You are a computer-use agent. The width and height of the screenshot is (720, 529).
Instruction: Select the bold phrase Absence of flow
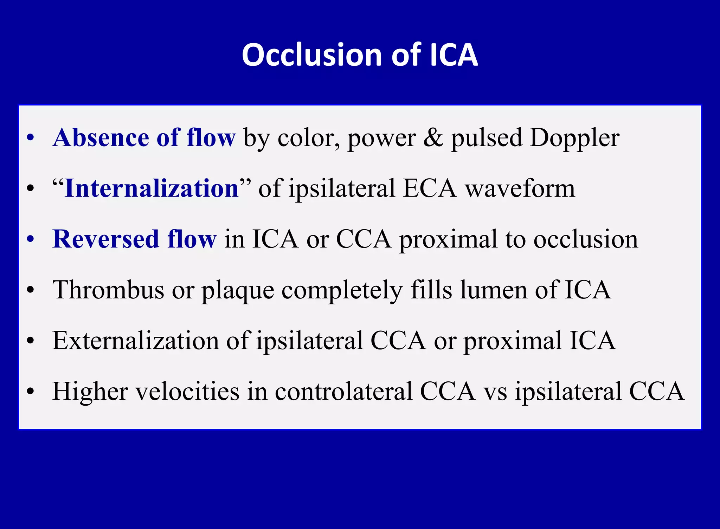point(144,137)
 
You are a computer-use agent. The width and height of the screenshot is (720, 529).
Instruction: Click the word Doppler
point(574,138)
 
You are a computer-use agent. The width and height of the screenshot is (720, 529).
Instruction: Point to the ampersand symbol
point(433,137)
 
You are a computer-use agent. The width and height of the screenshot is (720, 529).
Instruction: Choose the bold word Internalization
point(152,188)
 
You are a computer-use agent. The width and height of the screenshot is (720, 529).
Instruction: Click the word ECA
point(430,188)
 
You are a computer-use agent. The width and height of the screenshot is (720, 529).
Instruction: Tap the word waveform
point(520,188)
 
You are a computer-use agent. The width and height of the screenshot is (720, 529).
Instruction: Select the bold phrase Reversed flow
point(134,239)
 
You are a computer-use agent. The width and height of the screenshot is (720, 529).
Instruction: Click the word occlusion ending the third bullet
point(585,239)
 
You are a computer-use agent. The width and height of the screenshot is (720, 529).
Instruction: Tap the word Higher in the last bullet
point(90,392)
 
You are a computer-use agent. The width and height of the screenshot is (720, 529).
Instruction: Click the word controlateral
point(343,392)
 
